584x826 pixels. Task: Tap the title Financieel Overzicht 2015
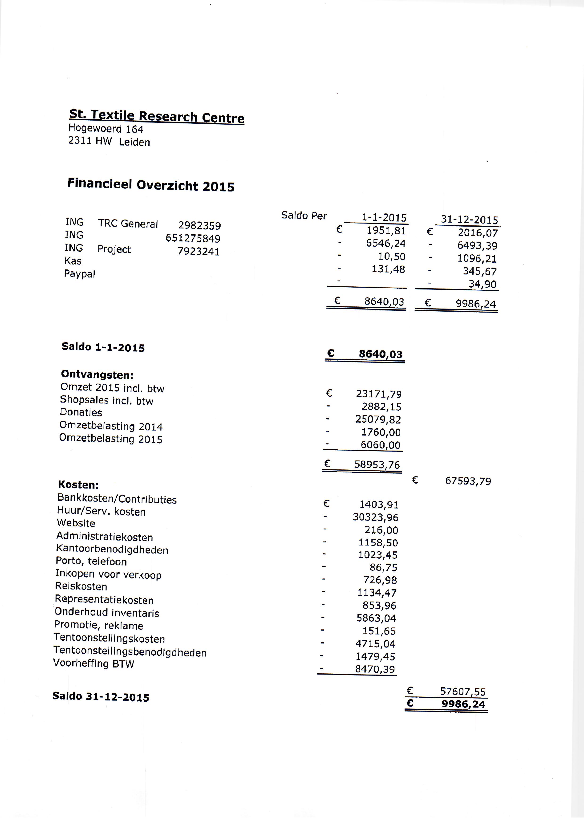(151, 185)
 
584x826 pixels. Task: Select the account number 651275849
(193, 238)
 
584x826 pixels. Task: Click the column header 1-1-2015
(384, 218)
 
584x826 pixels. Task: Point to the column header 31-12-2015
(469, 220)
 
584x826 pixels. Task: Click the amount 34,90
(482, 284)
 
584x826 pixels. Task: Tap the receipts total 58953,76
(377, 464)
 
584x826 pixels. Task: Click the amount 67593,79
(468, 481)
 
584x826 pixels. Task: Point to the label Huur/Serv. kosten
(101, 511)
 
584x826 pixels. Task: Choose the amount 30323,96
(375, 517)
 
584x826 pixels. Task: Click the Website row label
(76, 523)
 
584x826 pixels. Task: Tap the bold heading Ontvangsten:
(97, 375)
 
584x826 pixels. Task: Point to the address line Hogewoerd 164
(106, 128)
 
